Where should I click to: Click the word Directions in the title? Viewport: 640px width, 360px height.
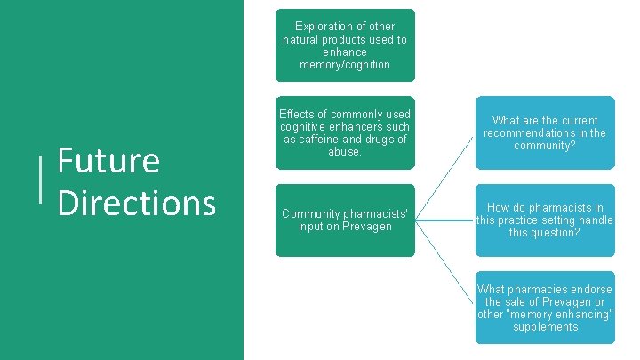[136, 202]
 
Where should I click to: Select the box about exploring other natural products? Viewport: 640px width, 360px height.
[345, 44]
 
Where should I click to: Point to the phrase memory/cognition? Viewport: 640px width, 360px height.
[345, 65]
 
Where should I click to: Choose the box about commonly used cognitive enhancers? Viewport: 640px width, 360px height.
[345, 132]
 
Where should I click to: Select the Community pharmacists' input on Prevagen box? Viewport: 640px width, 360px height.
[345, 220]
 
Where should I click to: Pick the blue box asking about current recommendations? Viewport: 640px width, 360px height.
[544, 132]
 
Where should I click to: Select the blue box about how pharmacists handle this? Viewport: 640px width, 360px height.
[544, 220]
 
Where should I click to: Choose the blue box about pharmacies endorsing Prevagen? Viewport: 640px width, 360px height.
[544, 308]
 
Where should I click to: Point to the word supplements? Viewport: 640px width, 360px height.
[545, 327]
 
